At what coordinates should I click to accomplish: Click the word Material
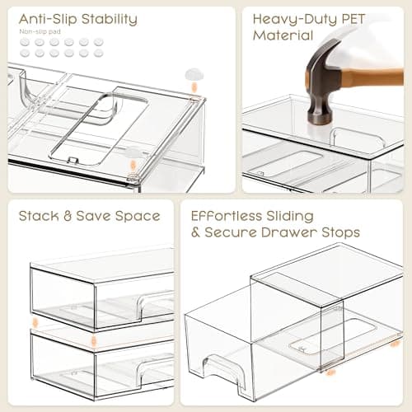(283, 35)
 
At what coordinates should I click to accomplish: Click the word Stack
(39, 216)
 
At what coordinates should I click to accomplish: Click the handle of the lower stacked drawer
(155, 371)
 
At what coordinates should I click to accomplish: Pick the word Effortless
(224, 216)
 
